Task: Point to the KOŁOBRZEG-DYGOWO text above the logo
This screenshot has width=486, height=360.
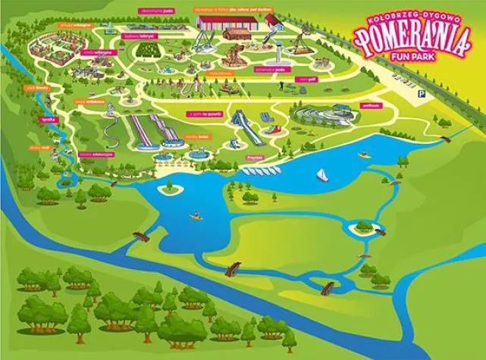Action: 412,14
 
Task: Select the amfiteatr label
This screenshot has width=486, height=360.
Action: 371,105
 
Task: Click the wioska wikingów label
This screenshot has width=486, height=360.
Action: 70,25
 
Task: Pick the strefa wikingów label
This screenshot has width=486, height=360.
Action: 103,52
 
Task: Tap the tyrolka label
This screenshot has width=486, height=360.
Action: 47,121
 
